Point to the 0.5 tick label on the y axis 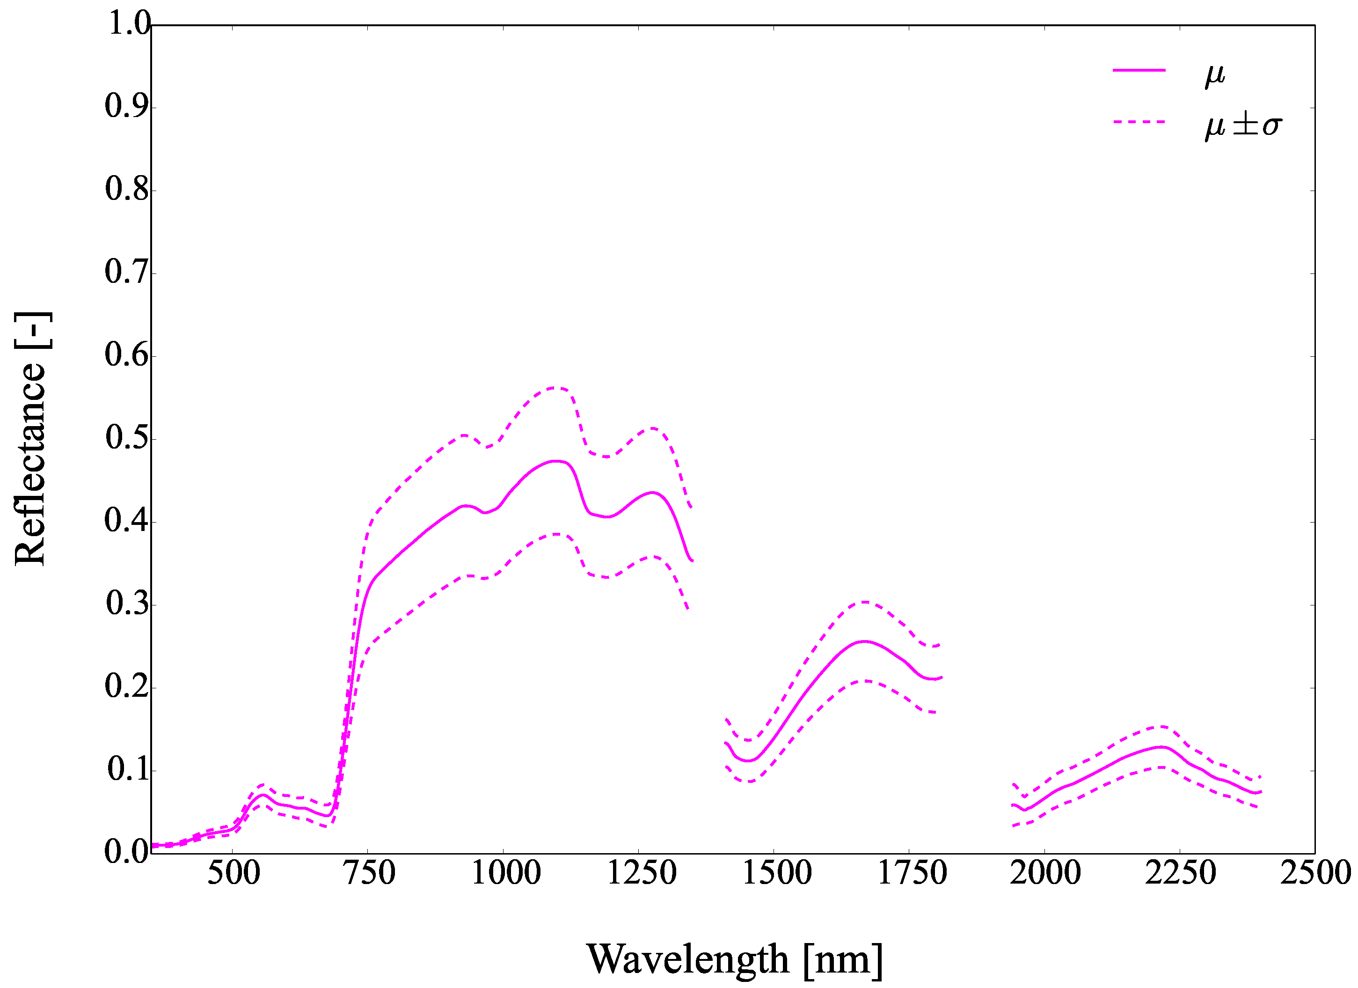(x=128, y=438)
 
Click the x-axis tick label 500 (x=234, y=873)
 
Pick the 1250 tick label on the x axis (x=641, y=873)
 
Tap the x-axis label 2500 (x=1315, y=873)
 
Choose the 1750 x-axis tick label (x=912, y=873)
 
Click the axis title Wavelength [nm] (x=735, y=958)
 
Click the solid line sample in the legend (x=1139, y=71)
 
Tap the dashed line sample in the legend (x=1139, y=122)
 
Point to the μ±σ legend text (x=1243, y=125)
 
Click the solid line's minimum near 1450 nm (x=749, y=761)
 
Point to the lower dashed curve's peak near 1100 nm (x=557, y=534)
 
